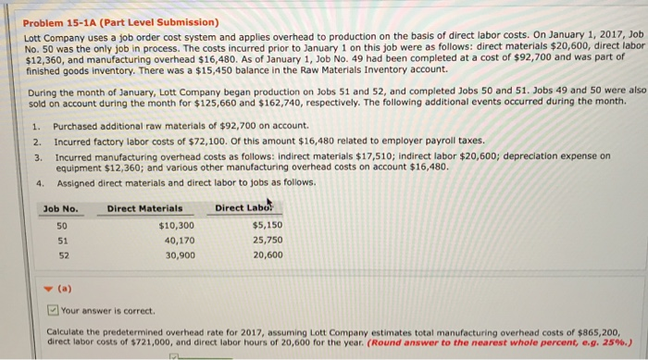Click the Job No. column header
61,208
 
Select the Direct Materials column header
144,208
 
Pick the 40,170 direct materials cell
178,241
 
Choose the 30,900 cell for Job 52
178,255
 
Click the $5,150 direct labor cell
266,226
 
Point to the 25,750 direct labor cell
268,241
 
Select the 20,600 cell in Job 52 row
268,255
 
